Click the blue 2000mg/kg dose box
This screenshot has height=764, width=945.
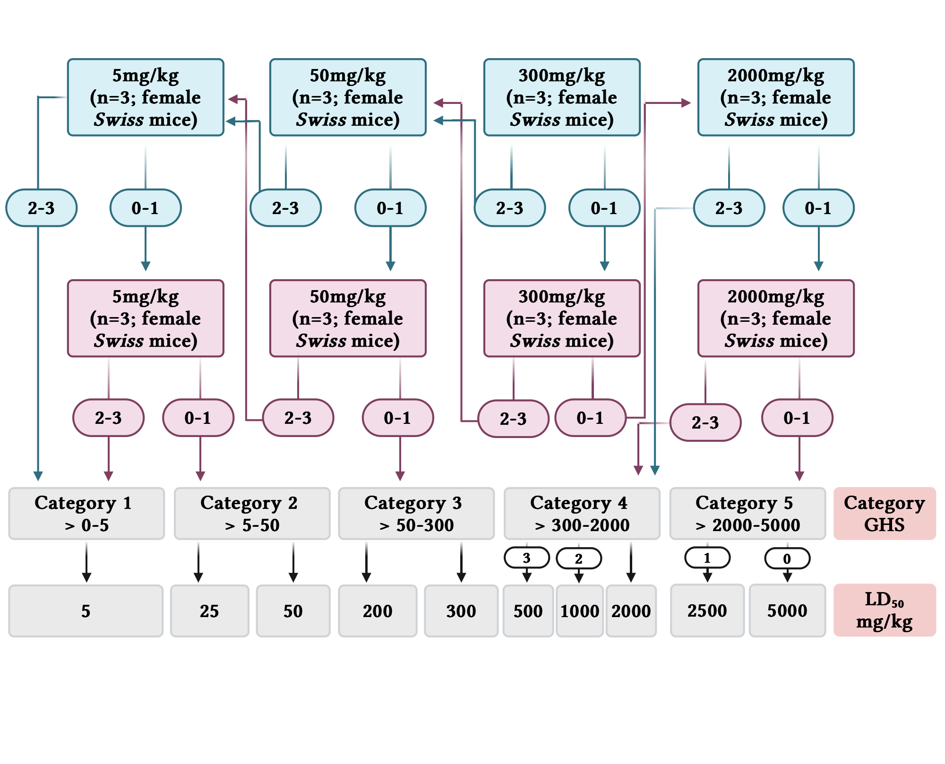coord(775,97)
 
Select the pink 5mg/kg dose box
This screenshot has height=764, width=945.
coord(146,318)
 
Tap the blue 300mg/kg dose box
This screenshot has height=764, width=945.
coord(561,97)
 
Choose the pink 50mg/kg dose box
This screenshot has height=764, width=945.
coord(348,318)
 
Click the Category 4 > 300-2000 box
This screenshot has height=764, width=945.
coord(582,514)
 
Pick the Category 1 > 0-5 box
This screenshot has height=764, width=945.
coord(86,514)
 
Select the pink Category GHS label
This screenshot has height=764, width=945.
coord(884,514)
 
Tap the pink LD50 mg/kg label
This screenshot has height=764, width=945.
coord(884,610)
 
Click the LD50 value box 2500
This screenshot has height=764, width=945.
coord(707,610)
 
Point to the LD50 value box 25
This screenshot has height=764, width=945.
coord(209,611)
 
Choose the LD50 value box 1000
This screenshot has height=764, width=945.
coord(579,611)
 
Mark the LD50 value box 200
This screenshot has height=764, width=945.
coord(378,611)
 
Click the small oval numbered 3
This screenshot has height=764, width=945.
coord(526,558)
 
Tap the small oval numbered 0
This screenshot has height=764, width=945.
coord(787,558)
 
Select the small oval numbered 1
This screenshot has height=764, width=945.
coord(707,558)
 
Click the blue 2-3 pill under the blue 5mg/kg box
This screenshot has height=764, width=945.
coord(41,208)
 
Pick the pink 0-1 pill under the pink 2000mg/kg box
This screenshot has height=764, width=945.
coord(797,418)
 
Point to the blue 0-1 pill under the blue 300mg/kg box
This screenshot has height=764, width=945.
coord(604,208)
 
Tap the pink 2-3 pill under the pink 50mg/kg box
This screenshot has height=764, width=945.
coord(298,418)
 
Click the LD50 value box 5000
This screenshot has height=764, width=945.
coord(787,610)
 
